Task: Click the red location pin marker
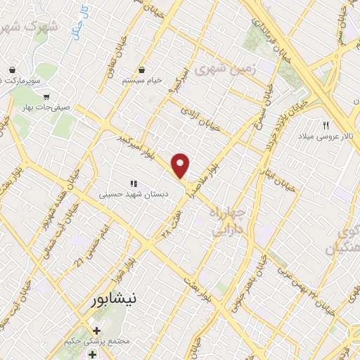click(181, 165)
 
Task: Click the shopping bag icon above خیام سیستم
click(143, 70)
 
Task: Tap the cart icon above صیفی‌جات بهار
click(46, 97)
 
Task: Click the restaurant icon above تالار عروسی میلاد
click(326, 125)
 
